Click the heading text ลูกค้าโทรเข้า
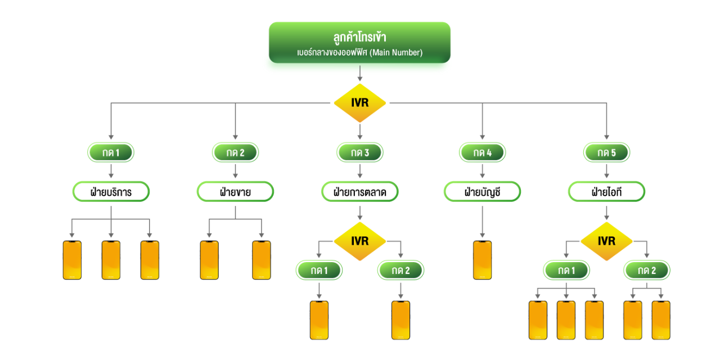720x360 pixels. [x=359, y=38]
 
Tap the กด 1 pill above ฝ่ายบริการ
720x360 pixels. [x=111, y=152]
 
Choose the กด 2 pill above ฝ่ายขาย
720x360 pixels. [x=235, y=152]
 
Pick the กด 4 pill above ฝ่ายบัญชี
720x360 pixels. [x=482, y=152]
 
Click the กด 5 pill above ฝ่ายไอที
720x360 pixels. [x=606, y=152]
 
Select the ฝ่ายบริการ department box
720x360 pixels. [x=111, y=192]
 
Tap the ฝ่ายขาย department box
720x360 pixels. [x=235, y=192]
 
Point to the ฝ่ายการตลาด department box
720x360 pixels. [x=359, y=192]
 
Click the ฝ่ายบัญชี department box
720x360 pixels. [x=482, y=192]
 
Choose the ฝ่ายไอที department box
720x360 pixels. [x=606, y=192]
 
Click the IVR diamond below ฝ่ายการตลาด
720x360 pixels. [x=359, y=242]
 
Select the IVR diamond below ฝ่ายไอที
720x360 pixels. [x=606, y=242]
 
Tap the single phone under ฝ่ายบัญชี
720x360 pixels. [x=482, y=260]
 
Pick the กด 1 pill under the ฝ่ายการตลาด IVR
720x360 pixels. [x=319, y=271]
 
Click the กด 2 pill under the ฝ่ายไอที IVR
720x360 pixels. [x=646, y=271]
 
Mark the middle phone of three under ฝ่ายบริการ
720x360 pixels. [x=111, y=260]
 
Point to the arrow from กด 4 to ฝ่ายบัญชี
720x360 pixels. [x=482, y=172]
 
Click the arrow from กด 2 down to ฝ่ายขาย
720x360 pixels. [x=235, y=172]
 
